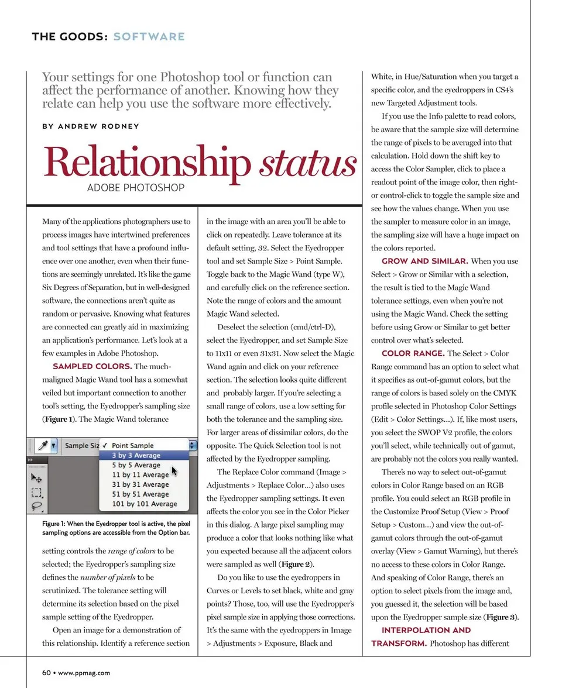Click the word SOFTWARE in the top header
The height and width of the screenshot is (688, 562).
click(149, 37)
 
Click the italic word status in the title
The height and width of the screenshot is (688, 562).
click(308, 164)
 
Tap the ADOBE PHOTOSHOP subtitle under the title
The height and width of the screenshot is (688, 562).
click(135, 188)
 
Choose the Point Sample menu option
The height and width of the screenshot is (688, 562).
click(132, 445)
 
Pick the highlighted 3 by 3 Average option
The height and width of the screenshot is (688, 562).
click(136, 455)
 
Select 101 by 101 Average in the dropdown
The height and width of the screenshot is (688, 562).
click(144, 504)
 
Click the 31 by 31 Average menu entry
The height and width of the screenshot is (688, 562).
click(140, 484)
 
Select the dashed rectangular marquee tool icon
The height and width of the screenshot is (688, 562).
click(36, 493)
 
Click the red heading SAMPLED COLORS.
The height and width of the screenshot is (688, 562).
click(92, 367)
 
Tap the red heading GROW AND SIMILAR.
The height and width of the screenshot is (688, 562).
click(424, 262)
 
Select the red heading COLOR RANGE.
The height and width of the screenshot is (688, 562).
click(413, 353)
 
